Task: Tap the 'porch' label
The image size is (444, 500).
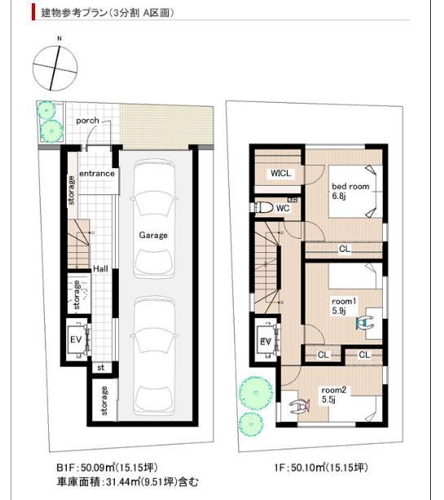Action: coord(87,121)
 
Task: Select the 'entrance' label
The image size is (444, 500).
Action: coord(97,174)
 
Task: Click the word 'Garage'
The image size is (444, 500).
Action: coord(152,235)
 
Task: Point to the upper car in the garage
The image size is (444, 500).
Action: coord(153,219)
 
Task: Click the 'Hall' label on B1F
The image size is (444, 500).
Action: coord(100,268)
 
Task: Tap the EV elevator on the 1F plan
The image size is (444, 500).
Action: coord(266,341)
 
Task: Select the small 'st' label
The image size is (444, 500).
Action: coord(101,367)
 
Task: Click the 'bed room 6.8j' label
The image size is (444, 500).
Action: coord(349,192)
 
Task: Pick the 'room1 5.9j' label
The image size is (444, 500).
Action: coord(341,305)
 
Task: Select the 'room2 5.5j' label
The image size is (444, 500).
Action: coord(335,395)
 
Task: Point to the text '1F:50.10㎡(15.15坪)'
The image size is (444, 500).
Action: coord(320,467)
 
